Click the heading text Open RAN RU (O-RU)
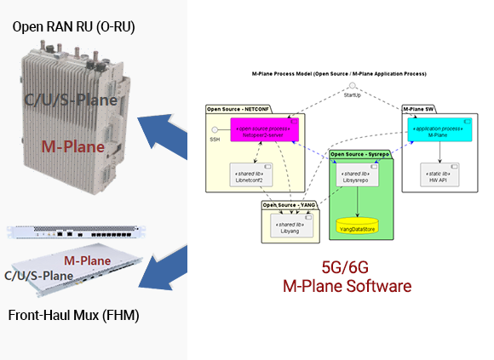click(x=73, y=27)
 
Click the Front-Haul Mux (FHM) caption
click(x=73, y=316)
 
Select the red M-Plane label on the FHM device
click(x=89, y=259)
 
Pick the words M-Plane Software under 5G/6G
click(x=347, y=286)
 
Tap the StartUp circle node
click(x=350, y=87)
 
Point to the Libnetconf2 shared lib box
click(x=250, y=176)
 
